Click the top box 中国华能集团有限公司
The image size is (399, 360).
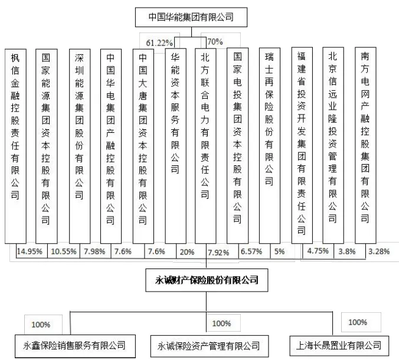click(191, 17)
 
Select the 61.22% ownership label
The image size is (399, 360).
click(159, 42)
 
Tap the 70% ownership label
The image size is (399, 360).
click(215, 41)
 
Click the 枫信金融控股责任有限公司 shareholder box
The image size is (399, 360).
click(15, 146)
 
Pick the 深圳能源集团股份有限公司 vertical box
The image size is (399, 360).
click(80, 146)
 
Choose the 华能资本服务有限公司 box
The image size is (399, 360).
click(175, 146)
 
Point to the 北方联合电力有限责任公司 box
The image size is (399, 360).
click(205, 146)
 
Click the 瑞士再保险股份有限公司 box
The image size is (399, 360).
click(270, 146)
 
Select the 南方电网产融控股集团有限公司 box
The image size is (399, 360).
click(365, 145)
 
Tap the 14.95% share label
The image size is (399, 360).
click(30, 251)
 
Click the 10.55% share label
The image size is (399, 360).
click(64, 251)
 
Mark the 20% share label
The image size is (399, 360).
click(187, 252)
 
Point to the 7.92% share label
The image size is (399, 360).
click(218, 253)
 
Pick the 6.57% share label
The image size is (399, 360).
click(251, 251)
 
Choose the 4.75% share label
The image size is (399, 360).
click(318, 251)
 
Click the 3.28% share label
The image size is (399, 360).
click(379, 251)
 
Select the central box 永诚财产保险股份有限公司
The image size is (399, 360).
click(207, 280)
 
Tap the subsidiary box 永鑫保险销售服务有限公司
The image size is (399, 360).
click(75, 346)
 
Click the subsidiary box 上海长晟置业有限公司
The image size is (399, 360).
click(339, 346)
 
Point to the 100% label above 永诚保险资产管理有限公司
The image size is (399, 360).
click(221, 323)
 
